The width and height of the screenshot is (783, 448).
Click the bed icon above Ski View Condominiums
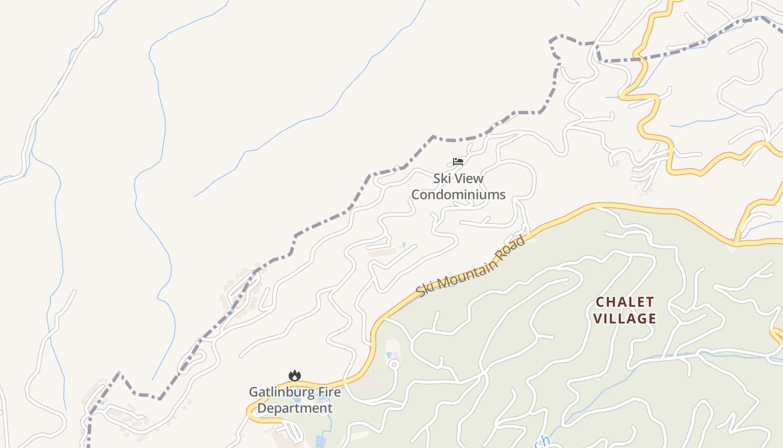tap(458, 162)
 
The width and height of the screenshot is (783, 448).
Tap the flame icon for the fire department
tap(295, 375)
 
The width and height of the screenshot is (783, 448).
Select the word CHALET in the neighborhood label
tap(624, 302)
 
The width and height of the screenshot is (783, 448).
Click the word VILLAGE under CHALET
tap(624, 319)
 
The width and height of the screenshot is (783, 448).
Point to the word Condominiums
tap(458, 195)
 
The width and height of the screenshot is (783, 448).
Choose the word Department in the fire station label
tap(295, 408)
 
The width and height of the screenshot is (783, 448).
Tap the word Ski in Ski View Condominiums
tap(442, 179)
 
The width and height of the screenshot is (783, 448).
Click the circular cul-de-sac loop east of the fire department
tap(394, 365)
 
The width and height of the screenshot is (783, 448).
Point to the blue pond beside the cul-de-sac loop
tap(389, 355)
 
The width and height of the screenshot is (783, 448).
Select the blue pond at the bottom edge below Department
tap(320, 441)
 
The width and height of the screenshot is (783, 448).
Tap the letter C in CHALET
tap(601, 302)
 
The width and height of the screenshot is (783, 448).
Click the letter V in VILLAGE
tap(598, 319)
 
